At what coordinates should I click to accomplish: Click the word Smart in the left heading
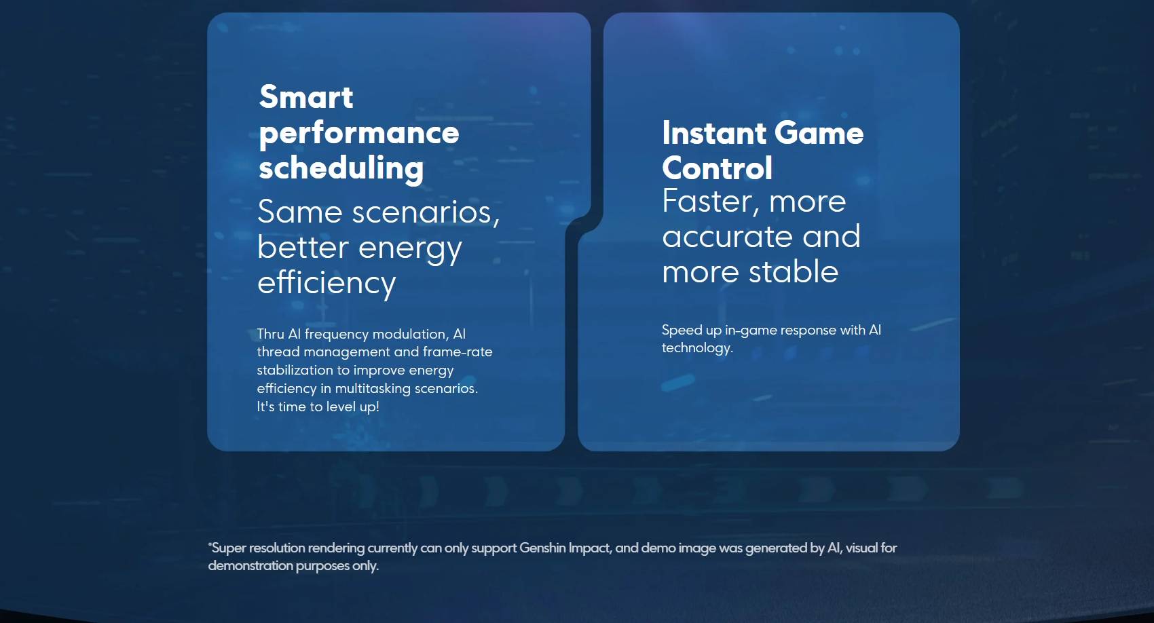[306, 97]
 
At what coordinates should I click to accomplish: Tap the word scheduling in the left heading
[341, 168]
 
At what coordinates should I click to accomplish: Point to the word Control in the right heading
[717, 168]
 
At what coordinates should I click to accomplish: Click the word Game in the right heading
[819, 133]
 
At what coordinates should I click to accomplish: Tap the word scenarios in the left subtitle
[426, 212]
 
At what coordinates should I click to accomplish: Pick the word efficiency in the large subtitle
[327, 284]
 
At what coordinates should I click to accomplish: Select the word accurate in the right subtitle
[728, 237]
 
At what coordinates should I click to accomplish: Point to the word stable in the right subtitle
[794, 271]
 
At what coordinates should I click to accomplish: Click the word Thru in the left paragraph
[270, 334]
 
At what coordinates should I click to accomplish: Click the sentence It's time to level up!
[318, 407]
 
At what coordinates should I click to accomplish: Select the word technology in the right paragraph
[697, 349]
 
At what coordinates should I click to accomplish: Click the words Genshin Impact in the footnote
[565, 548]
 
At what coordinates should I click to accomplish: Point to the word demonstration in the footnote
[250, 566]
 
